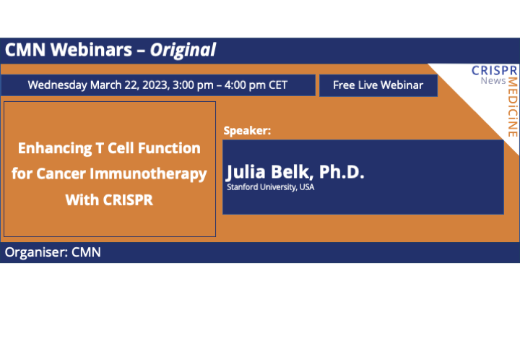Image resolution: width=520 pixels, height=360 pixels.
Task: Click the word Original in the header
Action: (184, 50)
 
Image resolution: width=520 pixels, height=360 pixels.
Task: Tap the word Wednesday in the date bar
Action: (58, 85)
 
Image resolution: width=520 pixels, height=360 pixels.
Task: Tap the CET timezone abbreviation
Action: (278, 85)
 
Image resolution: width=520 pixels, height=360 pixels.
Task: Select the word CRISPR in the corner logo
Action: (495, 70)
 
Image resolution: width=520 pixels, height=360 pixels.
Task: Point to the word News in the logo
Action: (493, 80)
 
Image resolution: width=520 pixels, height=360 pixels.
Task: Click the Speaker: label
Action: (247, 131)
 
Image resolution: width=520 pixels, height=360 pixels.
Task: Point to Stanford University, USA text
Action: (271, 187)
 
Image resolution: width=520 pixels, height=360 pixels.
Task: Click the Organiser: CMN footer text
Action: (53, 252)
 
